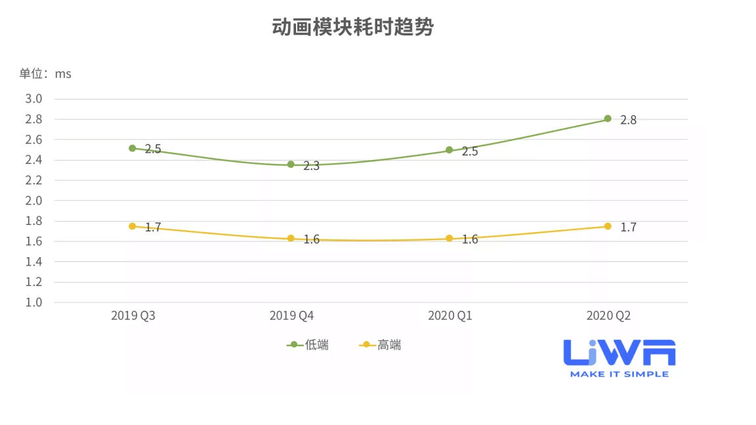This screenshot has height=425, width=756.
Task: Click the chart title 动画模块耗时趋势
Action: (x=352, y=28)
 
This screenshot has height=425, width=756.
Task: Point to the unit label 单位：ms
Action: (x=45, y=74)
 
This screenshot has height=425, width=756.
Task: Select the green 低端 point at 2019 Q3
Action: (x=132, y=148)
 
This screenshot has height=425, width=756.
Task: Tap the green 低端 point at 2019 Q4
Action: (x=291, y=165)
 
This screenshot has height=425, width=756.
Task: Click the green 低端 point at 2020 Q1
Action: (x=450, y=150)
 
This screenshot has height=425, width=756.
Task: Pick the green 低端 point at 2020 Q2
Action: (x=608, y=119)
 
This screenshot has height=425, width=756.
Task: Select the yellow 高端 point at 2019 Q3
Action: (x=132, y=226)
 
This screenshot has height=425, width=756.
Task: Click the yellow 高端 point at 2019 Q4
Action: (x=291, y=238)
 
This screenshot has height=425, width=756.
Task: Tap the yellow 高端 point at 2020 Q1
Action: (x=450, y=238)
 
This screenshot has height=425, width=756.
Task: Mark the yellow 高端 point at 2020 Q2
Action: (x=608, y=226)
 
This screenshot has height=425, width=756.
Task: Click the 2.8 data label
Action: (x=628, y=120)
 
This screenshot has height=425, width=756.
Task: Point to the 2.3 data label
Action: (x=311, y=167)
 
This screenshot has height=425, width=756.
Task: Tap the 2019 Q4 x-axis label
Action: (x=291, y=316)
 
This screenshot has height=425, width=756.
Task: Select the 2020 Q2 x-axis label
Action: (x=608, y=316)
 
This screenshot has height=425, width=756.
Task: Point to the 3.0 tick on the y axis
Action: (x=33, y=99)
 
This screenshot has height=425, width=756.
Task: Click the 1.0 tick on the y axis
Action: (x=33, y=302)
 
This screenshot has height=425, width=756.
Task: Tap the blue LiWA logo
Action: (x=619, y=353)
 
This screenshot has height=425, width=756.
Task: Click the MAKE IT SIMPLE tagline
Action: (x=619, y=374)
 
